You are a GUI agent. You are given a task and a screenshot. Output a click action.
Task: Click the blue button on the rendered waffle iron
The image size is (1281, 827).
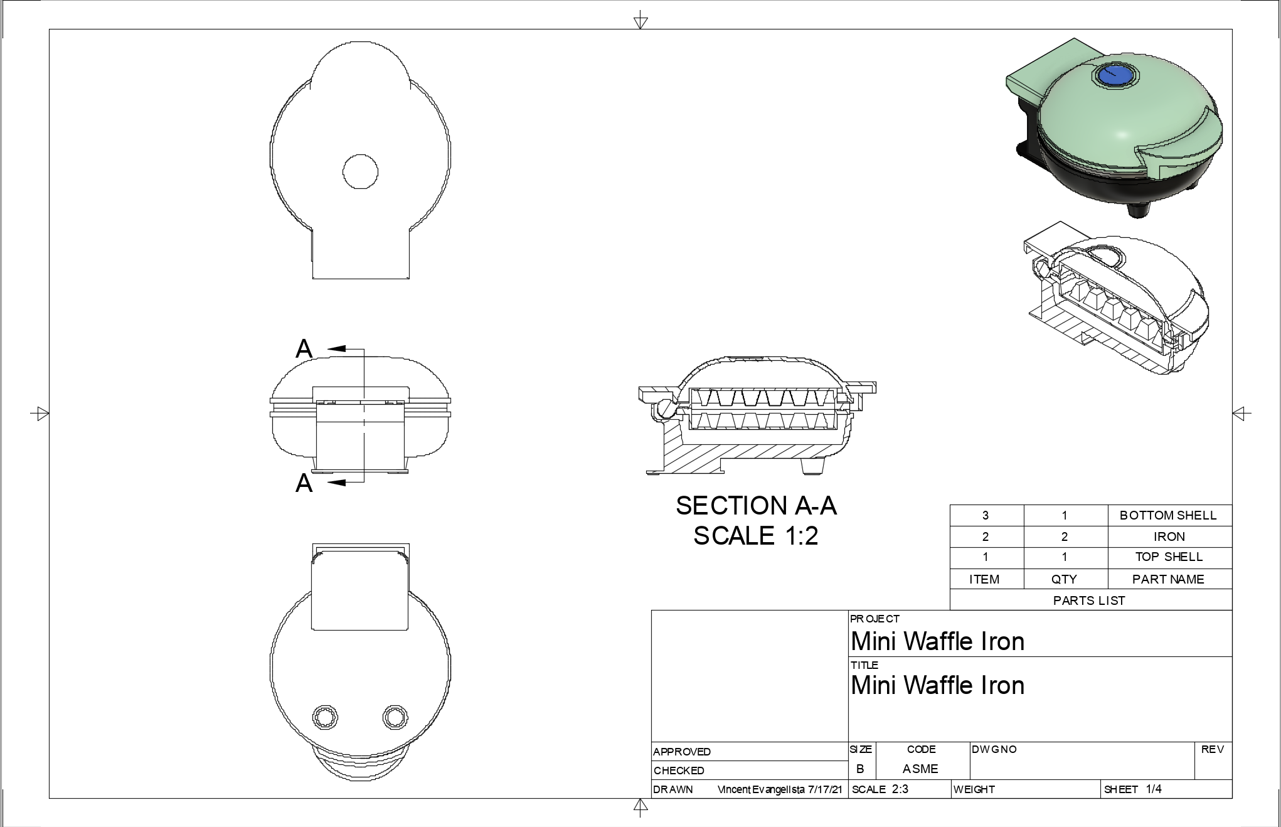pyautogui.click(x=1117, y=76)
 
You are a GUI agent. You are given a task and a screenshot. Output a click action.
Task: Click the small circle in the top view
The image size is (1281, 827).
pyautogui.click(x=360, y=171)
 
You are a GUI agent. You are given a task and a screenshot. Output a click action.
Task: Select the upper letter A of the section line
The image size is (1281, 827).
pyautogui.click(x=304, y=349)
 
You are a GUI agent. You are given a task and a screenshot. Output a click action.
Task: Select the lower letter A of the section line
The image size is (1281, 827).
pyautogui.click(x=304, y=483)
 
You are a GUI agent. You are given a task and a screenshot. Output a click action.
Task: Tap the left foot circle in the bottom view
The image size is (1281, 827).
pyautogui.click(x=325, y=717)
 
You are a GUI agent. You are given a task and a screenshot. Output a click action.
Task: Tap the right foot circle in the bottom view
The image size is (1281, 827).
pyautogui.click(x=395, y=717)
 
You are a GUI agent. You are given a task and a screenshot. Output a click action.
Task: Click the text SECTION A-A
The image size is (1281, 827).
pyautogui.click(x=756, y=506)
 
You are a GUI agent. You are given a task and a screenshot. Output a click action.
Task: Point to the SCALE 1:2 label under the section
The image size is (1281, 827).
pyautogui.click(x=756, y=536)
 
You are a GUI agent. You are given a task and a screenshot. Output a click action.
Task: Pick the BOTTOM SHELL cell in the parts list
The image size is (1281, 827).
pyautogui.click(x=1168, y=516)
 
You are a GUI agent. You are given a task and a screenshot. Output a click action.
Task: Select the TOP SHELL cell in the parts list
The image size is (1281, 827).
pyautogui.click(x=1169, y=557)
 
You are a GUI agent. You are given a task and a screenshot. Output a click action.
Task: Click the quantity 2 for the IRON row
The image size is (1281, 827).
pyautogui.click(x=1064, y=536)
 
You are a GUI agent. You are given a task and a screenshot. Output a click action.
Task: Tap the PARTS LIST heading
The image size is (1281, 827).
pyautogui.click(x=1089, y=600)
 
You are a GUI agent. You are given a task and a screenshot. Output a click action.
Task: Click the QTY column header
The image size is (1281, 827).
pyautogui.click(x=1064, y=579)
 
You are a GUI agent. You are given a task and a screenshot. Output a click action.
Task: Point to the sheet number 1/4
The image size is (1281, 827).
pyautogui.click(x=1154, y=789)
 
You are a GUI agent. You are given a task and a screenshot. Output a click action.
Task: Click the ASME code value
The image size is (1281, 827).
pyautogui.click(x=920, y=769)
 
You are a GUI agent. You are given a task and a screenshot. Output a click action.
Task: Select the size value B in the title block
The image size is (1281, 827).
pyautogui.click(x=860, y=769)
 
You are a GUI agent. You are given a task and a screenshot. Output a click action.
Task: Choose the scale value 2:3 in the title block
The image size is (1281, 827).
pyautogui.click(x=900, y=789)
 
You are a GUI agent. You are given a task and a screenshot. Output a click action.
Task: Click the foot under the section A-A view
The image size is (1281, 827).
pyautogui.click(x=814, y=467)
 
